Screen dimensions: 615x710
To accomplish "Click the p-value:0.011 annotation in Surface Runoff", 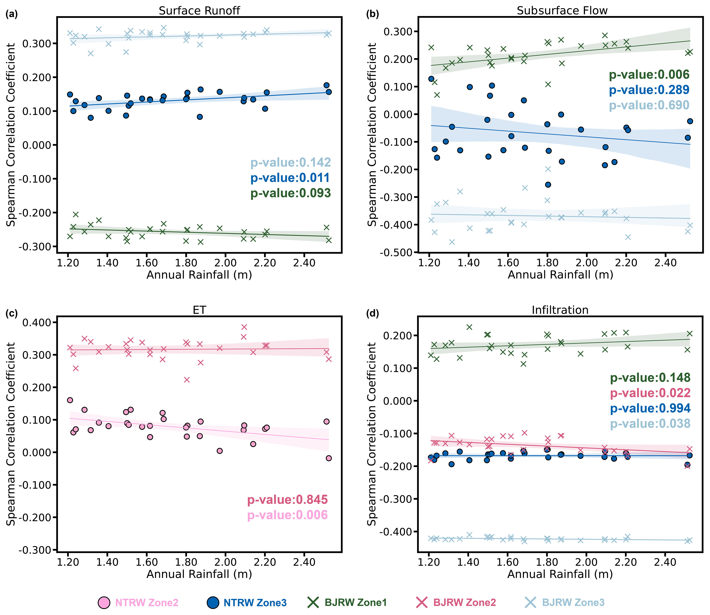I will [290, 178].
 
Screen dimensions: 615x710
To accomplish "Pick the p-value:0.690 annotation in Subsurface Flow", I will [649, 105].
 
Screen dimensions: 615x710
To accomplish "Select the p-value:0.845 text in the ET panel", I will [287, 500].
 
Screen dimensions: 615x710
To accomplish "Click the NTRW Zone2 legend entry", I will [138, 603].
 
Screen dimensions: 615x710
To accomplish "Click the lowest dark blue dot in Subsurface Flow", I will [548, 185].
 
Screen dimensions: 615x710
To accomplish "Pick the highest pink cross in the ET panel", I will [244, 327].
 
